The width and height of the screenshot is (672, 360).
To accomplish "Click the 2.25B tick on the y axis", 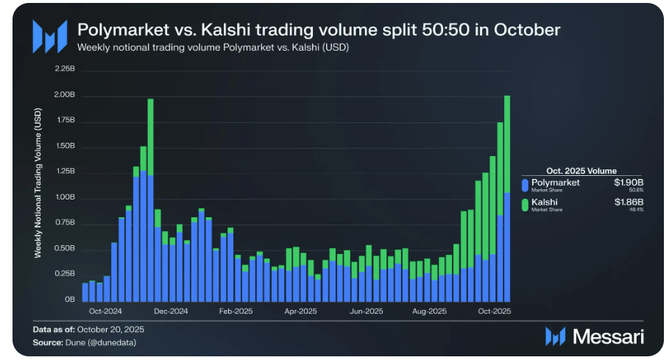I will point(65,68).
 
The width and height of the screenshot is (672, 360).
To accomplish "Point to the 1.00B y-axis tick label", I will point(65,197).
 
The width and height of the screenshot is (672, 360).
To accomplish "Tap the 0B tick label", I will point(70,300).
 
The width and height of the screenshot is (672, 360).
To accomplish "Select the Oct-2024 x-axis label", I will point(105,311).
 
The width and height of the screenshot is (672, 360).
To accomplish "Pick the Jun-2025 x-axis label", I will point(366,311).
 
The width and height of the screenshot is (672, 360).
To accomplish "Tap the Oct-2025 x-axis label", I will point(495,311).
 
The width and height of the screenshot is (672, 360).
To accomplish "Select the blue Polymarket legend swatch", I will point(525,185).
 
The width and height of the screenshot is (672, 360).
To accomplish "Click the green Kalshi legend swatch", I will point(525,205).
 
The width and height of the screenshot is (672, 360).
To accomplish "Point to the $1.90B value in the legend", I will point(629,182).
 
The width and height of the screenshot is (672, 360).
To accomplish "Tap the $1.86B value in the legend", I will point(629,202).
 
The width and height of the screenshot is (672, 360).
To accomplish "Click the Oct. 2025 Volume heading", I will point(581,170).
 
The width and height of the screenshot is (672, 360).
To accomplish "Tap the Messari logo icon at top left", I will point(49,35).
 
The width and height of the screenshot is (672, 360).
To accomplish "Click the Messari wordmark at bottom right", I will point(608,336).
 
